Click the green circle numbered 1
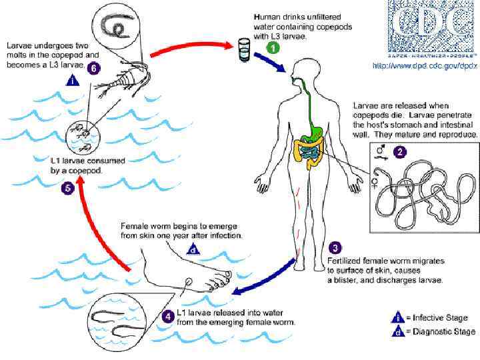click(272, 48)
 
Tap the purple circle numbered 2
click(399, 151)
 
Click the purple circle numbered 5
click(67, 189)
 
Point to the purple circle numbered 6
click(95, 68)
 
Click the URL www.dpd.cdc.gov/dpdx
click(425, 65)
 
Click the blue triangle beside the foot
click(193, 250)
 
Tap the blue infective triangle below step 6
click(74, 81)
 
